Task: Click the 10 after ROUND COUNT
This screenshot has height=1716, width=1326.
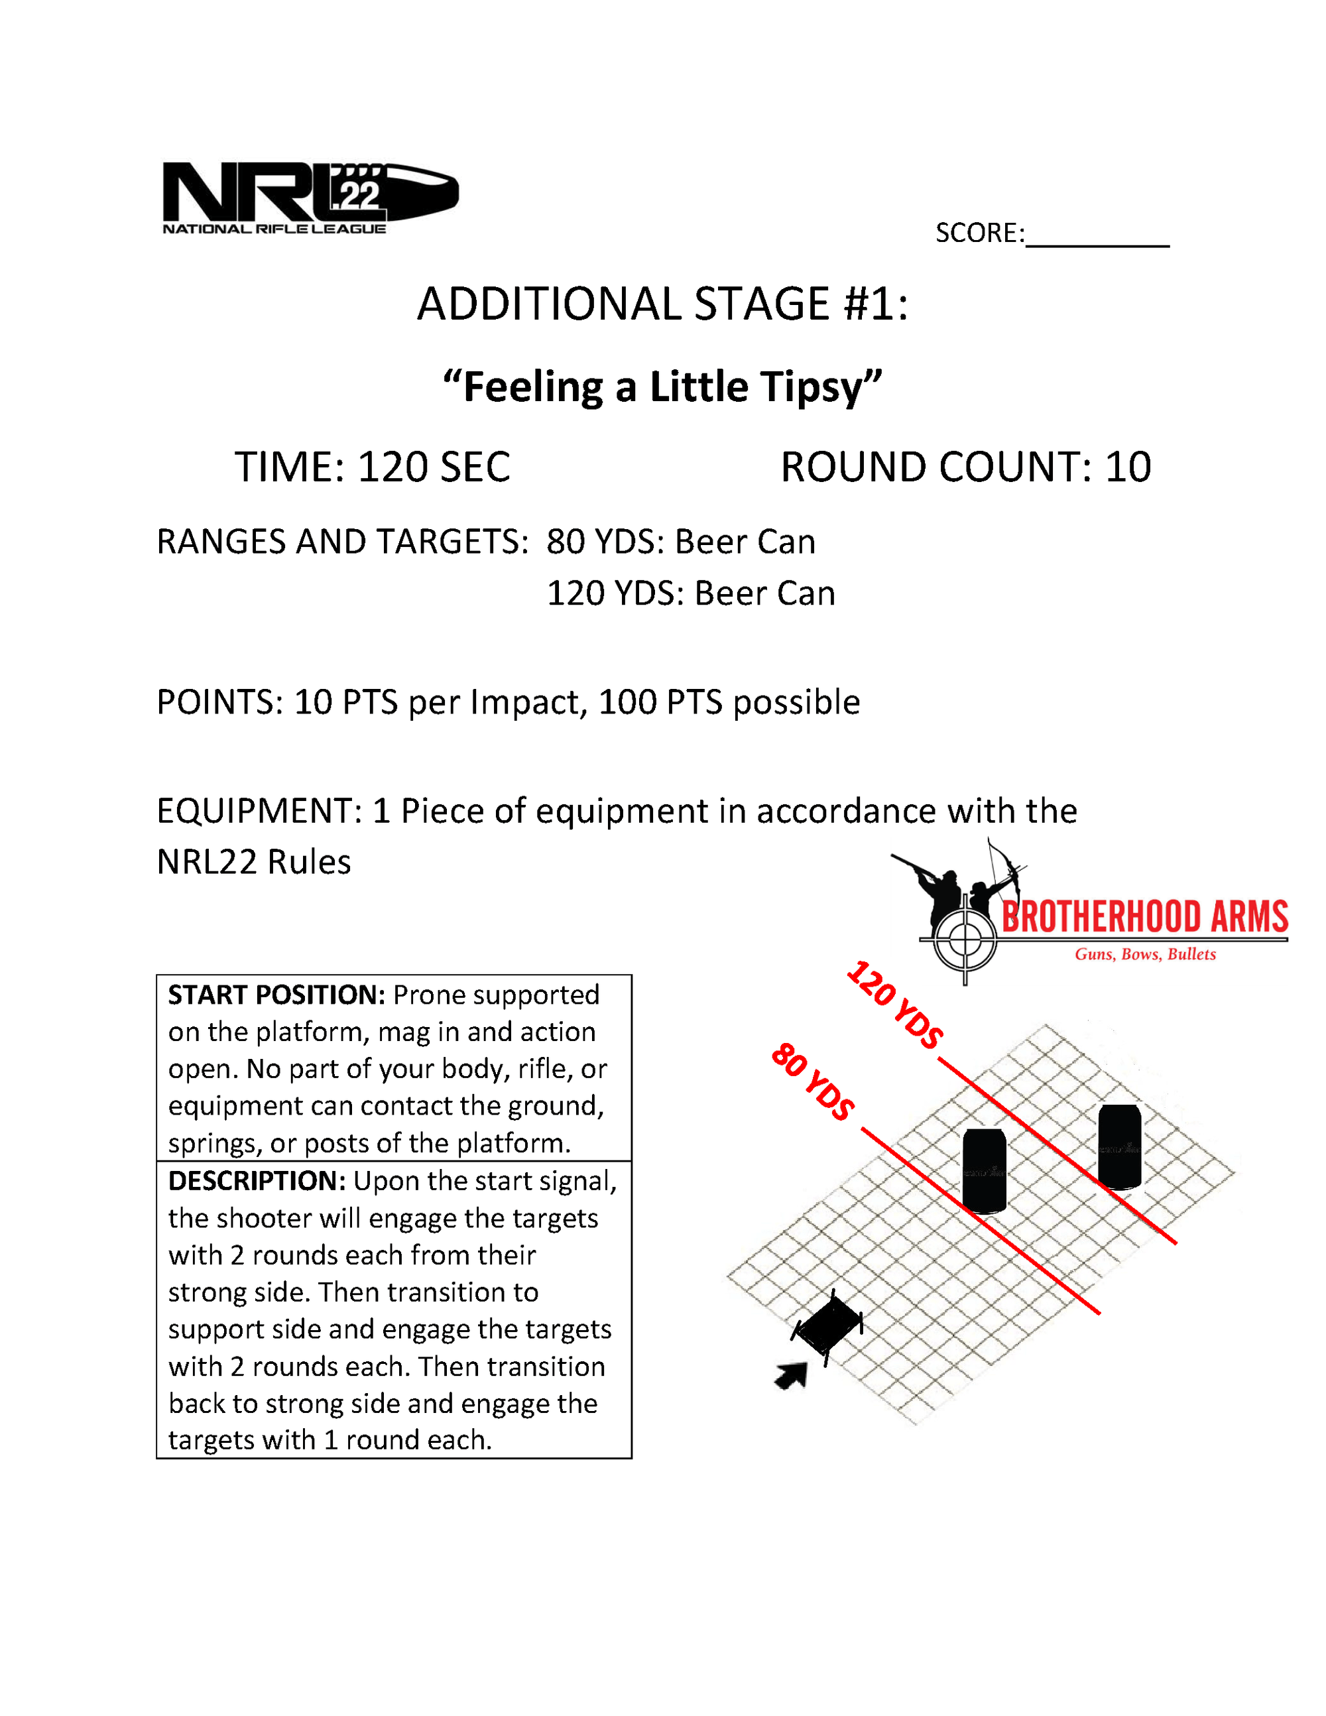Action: (1127, 467)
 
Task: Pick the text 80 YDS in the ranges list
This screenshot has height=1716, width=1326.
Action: (602, 542)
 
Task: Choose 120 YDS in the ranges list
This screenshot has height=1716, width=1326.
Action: (612, 594)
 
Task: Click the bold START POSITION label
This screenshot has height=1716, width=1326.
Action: (276, 995)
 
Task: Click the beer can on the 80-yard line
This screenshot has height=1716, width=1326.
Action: (985, 1171)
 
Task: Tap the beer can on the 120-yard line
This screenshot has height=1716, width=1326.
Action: (1119, 1146)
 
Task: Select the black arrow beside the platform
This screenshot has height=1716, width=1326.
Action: (792, 1375)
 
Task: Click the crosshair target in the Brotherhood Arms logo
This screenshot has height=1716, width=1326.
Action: (965, 939)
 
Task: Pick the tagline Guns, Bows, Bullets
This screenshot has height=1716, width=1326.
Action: (1144, 955)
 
